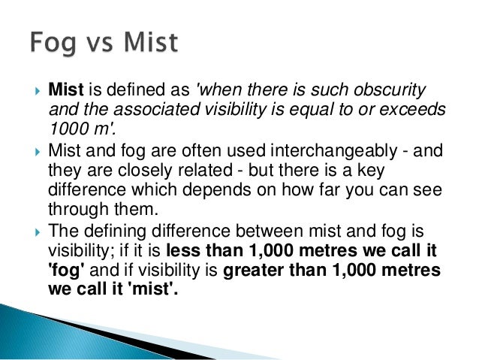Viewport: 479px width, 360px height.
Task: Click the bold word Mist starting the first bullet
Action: tap(64, 91)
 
